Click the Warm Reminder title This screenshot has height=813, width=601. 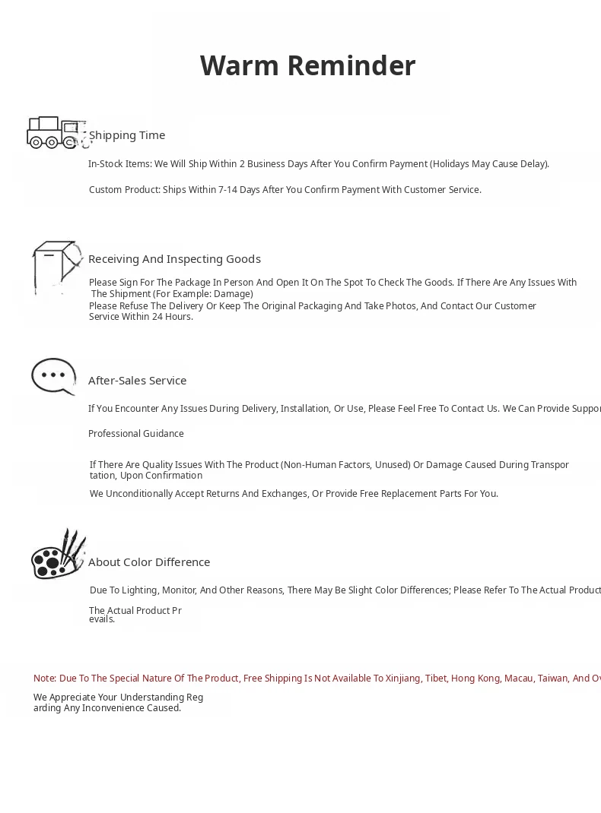[x=307, y=66]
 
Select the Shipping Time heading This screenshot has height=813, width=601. [x=127, y=135]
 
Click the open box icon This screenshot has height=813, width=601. [x=56, y=266]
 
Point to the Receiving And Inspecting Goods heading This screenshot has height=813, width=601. [x=174, y=259]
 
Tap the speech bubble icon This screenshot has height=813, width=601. [x=53, y=376]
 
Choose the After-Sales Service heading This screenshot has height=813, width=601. [x=137, y=381]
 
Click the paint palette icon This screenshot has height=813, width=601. [x=57, y=555]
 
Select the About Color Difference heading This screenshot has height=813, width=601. [x=149, y=562]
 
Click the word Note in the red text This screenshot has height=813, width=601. [x=44, y=679]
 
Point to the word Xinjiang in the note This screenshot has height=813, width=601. [x=402, y=679]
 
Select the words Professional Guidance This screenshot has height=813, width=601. [x=136, y=434]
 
